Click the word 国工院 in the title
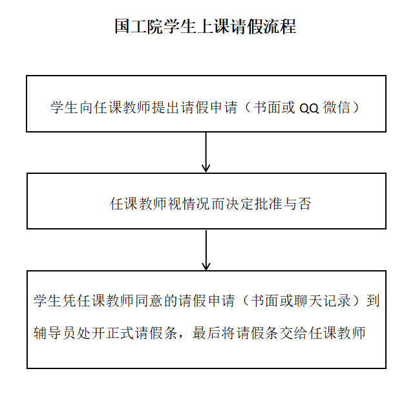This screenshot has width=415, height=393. point(137,27)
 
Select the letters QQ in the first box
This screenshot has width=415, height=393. point(308,108)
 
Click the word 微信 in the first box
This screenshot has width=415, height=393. point(335,107)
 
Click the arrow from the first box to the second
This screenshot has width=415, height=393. point(206,153)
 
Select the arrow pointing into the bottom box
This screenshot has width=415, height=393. point(206,250)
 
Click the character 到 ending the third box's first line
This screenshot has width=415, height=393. point(374,301)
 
